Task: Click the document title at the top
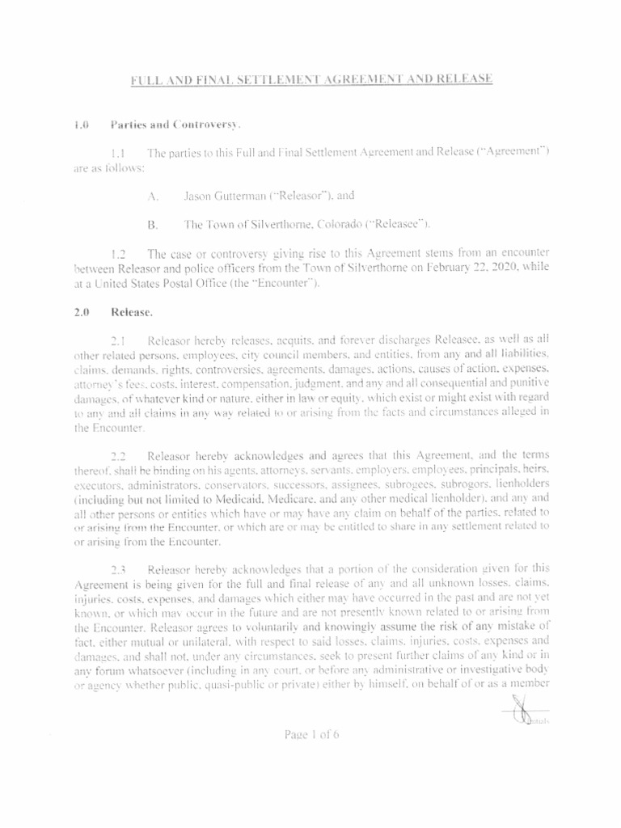pos(312,78)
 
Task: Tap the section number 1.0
pos(79,125)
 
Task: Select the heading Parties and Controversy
pos(175,125)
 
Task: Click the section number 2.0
pos(79,310)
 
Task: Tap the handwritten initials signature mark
pos(517,712)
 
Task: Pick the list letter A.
pos(153,196)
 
